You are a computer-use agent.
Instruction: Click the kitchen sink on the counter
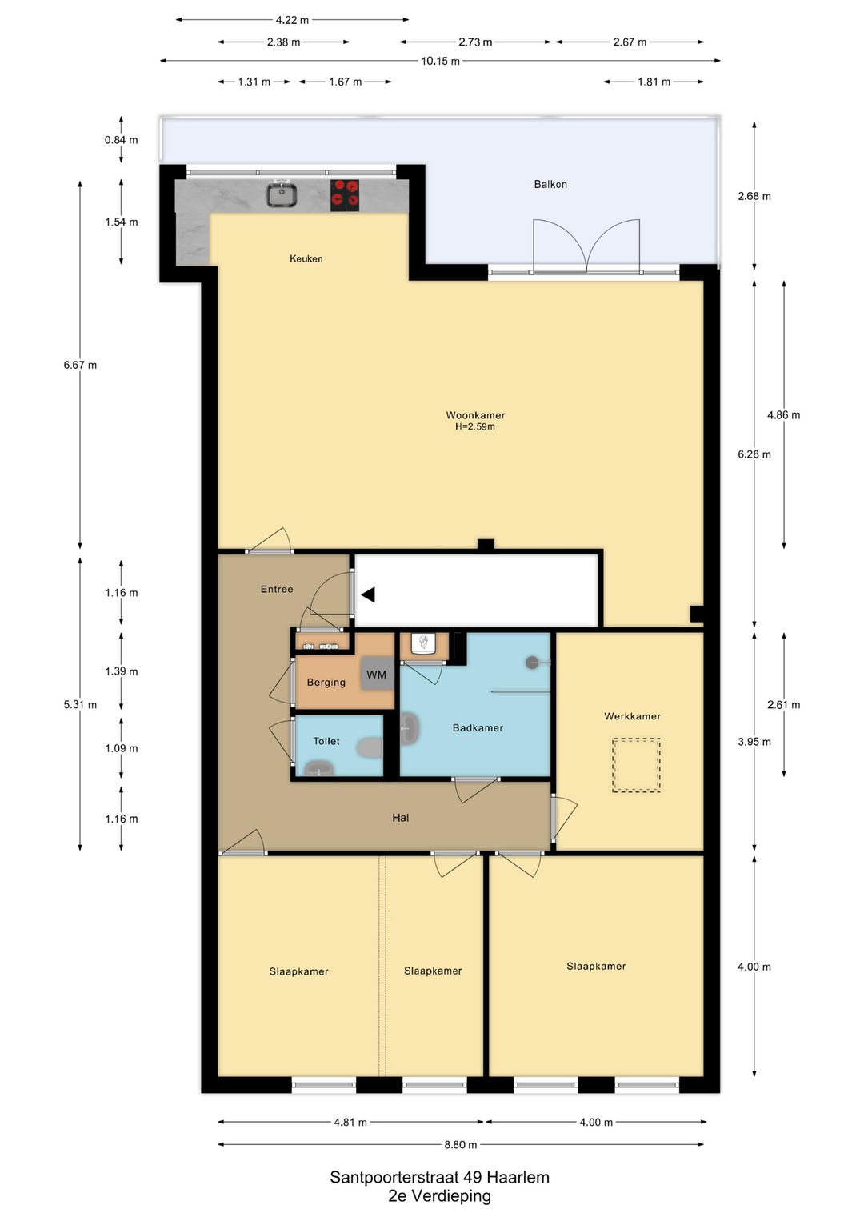click(x=282, y=194)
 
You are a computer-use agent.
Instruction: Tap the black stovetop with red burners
click(x=345, y=195)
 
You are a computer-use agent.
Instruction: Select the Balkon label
click(x=550, y=184)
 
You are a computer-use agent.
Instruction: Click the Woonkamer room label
click(x=475, y=415)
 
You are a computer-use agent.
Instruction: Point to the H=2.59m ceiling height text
click(x=475, y=426)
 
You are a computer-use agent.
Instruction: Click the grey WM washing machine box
click(x=376, y=675)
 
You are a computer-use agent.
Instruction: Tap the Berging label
click(x=326, y=683)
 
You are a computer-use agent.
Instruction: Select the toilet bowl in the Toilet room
click(x=370, y=747)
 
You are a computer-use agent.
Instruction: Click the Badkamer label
click(x=478, y=727)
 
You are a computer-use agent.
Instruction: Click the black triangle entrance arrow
click(x=368, y=594)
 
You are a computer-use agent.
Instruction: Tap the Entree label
click(x=277, y=589)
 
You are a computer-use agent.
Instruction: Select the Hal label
click(x=401, y=818)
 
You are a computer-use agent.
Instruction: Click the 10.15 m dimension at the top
click(x=440, y=61)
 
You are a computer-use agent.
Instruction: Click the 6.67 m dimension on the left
click(x=80, y=365)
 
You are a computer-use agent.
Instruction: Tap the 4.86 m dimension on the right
click(x=784, y=415)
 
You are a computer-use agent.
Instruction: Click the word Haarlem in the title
click(x=518, y=1178)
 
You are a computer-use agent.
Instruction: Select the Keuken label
click(x=306, y=259)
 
